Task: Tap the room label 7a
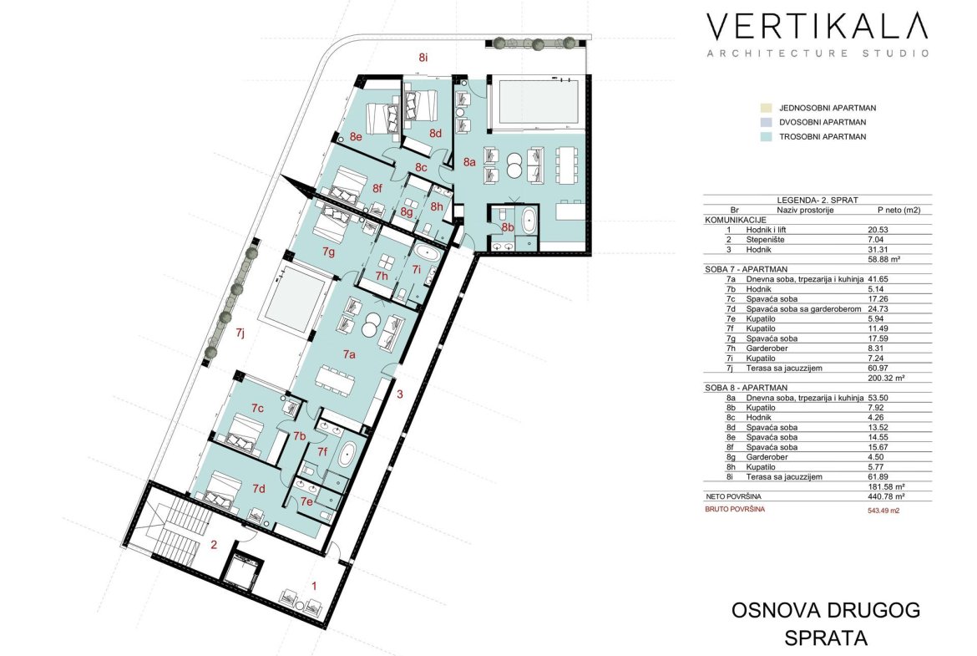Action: [x=349, y=355]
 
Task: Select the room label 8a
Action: [x=469, y=162]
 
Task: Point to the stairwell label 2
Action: [x=214, y=545]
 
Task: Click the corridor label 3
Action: [x=400, y=394]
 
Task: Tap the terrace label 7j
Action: [x=240, y=333]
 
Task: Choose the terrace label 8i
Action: [x=423, y=58]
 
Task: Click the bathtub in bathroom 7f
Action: [x=347, y=455]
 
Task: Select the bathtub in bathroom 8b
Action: [x=529, y=221]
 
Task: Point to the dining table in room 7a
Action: [x=335, y=379]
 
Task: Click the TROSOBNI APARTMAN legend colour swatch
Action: [x=767, y=136]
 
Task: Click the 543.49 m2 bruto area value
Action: [x=883, y=510]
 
